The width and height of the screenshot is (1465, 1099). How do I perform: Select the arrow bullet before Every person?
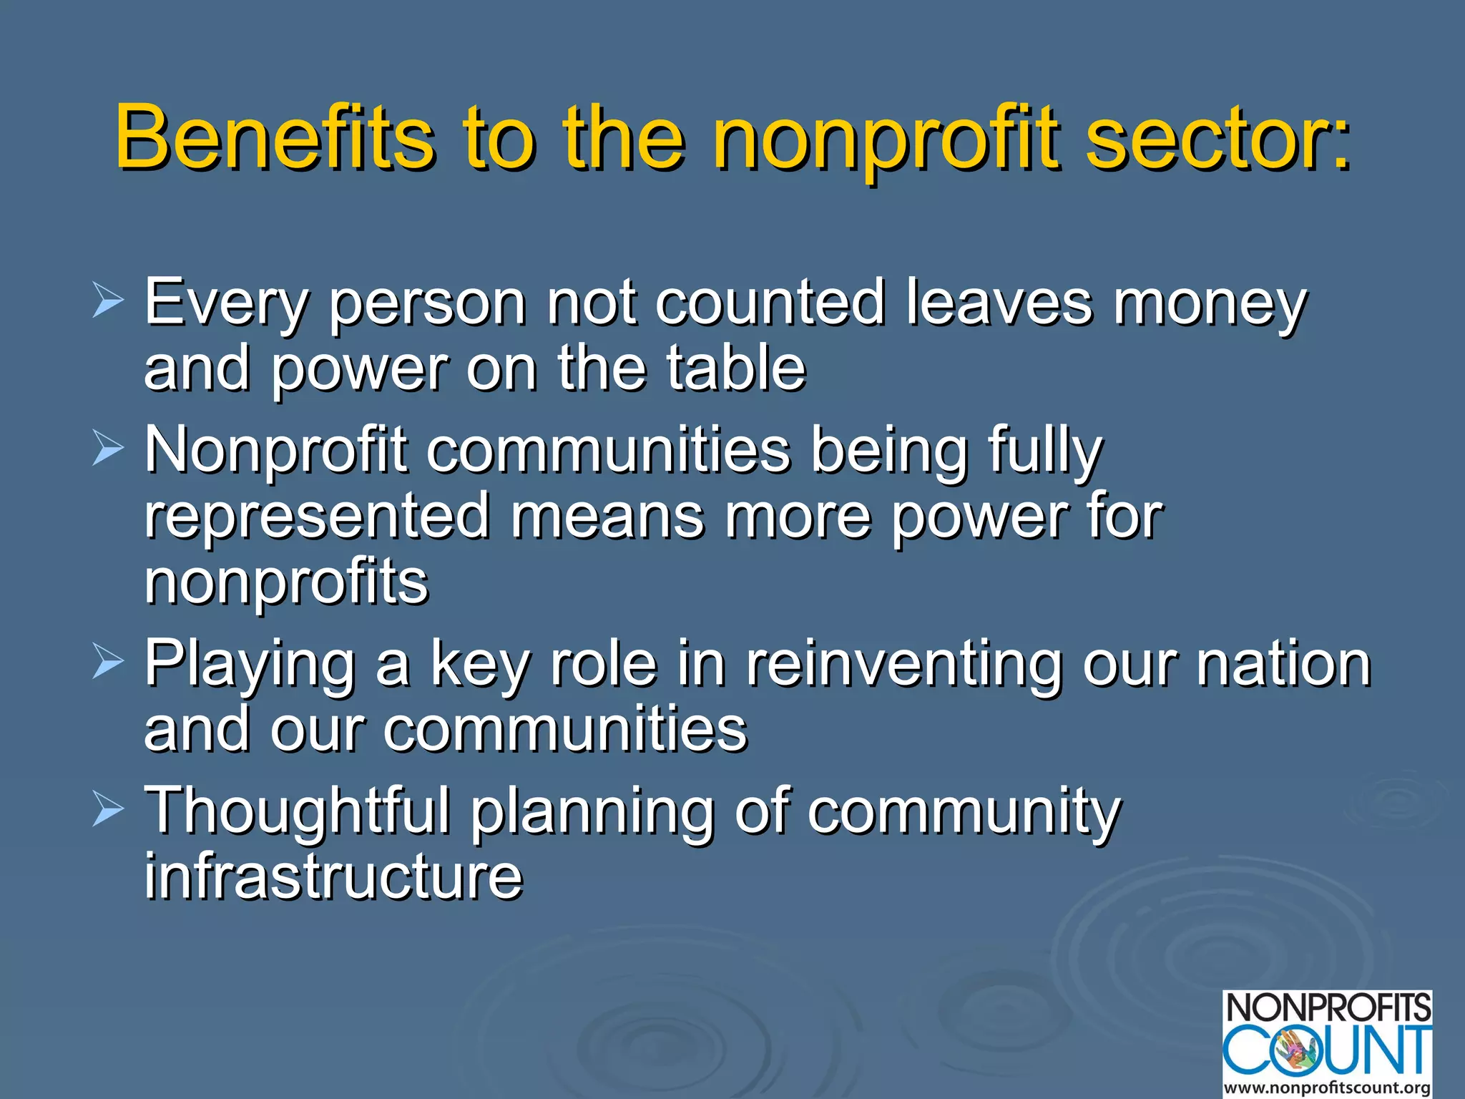click(108, 301)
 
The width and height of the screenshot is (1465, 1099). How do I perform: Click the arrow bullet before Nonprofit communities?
click(108, 450)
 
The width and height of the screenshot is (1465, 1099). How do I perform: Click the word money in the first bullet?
click(1209, 304)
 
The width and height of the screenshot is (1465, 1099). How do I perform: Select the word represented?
click(317, 517)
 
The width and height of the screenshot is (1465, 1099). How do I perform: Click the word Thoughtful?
click(298, 811)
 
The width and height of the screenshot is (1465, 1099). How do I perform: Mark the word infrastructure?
click(333, 876)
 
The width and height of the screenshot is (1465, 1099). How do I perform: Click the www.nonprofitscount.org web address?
click(1327, 1088)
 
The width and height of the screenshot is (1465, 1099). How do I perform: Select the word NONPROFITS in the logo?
click(1328, 1008)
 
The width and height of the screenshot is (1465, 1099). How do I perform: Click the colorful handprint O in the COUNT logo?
click(1300, 1050)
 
